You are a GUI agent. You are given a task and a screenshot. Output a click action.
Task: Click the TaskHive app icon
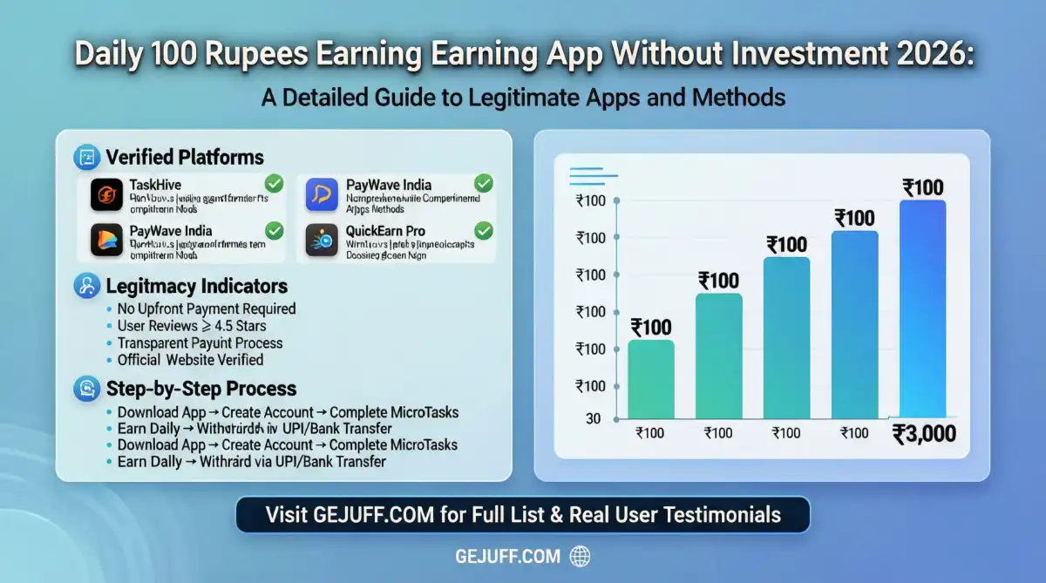pos(106,194)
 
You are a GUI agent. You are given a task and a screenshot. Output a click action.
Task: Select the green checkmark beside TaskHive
pos(274,184)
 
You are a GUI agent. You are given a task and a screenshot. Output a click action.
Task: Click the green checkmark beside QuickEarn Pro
pos(483,231)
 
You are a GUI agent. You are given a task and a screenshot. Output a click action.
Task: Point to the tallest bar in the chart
pos(922,309)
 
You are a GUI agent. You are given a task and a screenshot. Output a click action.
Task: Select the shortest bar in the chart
pos(650,378)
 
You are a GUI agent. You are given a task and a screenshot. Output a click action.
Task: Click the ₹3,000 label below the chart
pos(924,434)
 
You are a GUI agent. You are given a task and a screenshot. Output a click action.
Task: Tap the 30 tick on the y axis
pos(594,418)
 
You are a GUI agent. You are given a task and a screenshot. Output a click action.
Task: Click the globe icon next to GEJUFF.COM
pos(580,556)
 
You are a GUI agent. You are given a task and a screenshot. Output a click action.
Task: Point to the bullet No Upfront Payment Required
pos(207,308)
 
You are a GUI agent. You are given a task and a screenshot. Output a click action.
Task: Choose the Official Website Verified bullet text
pos(190,359)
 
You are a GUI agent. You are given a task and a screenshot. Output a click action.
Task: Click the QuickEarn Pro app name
pos(386,231)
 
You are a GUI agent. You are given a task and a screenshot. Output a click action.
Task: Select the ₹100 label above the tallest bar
pos(922,187)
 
